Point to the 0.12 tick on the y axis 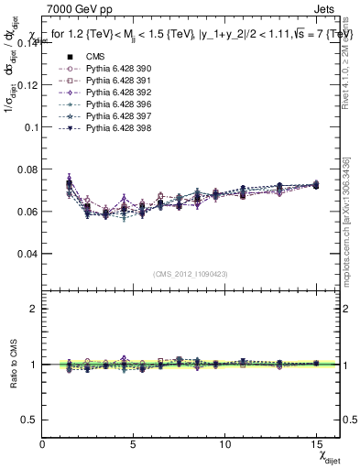tap(27, 84)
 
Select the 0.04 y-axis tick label tap(27, 253)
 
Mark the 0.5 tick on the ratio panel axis tap(30, 420)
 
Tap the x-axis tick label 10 tap(225, 444)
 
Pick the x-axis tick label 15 tap(316, 444)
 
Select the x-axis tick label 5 tap(134, 444)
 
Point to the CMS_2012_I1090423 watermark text tap(191, 274)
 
